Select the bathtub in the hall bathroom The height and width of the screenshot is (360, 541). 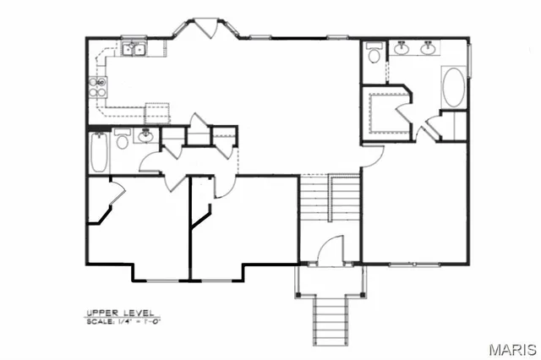coord(98,153)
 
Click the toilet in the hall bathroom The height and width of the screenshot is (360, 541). coord(122,139)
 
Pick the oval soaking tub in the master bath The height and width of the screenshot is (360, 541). coord(453,89)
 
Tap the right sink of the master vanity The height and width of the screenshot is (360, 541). coord(429,48)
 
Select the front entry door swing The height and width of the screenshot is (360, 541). coord(333,251)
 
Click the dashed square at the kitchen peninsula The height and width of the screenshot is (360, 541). coord(156,112)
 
